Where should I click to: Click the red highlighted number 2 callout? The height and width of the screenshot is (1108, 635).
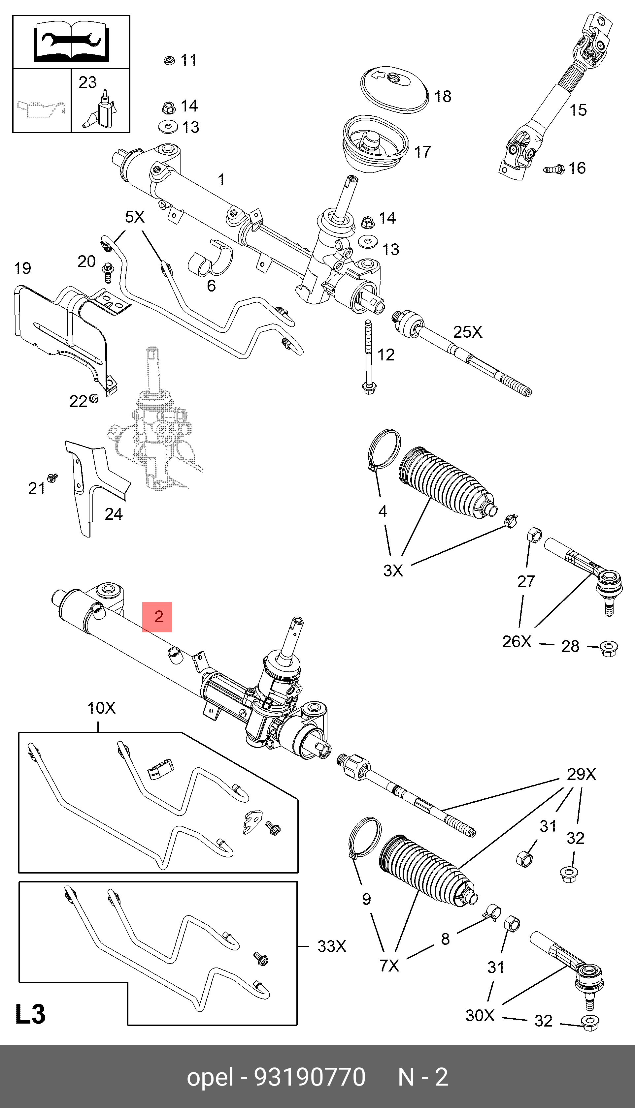[157, 617]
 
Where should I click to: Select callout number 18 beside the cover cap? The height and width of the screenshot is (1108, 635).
[442, 96]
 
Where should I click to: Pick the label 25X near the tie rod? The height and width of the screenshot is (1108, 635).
[468, 332]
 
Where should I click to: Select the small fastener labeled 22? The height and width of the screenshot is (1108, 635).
[94, 398]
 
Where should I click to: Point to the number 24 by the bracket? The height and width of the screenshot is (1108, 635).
[114, 514]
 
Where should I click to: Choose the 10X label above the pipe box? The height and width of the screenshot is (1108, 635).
[101, 708]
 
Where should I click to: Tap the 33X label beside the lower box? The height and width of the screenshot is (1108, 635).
[331, 946]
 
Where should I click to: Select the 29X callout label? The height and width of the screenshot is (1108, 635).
[581, 774]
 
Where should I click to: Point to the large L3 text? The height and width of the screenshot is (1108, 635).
[30, 1014]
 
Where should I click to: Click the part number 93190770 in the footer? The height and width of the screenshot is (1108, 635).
[310, 1077]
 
